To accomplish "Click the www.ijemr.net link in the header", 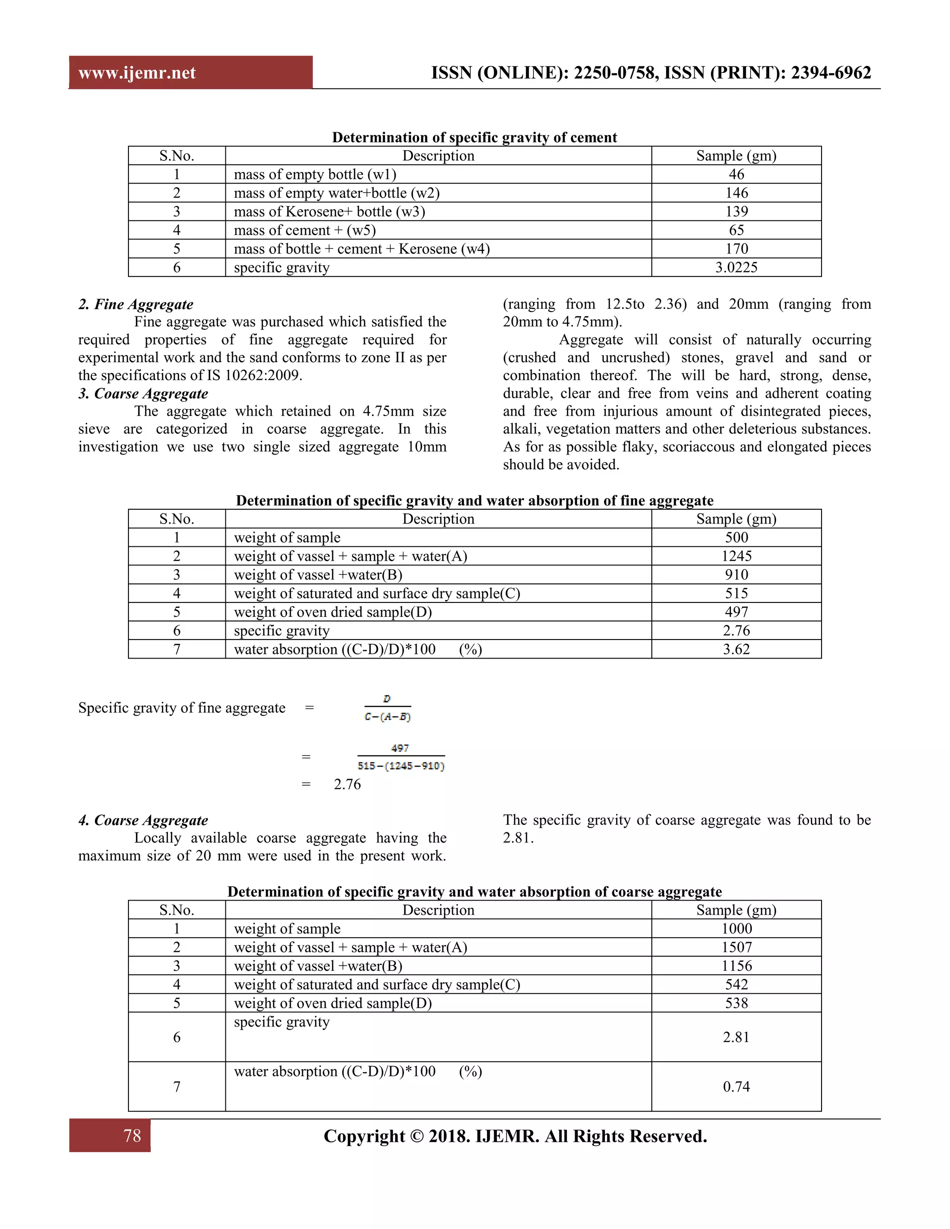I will [x=137, y=73].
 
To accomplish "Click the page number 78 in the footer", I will [x=132, y=1135].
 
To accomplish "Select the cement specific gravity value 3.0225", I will [x=736, y=267].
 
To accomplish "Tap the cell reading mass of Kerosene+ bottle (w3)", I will [x=329, y=211].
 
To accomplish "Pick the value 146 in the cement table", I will [x=736, y=193].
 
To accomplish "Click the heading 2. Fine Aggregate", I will [x=135, y=304].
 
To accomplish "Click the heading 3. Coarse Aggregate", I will [x=143, y=393].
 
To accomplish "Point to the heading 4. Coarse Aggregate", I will [x=143, y=820].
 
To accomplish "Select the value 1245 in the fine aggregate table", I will [x=736, y=556].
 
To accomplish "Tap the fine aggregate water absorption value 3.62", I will [x=736, y=649].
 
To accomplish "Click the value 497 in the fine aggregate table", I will [x=736, y=612].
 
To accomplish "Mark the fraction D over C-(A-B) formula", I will [x=388, y=708].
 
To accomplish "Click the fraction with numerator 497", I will [x=401, y=757].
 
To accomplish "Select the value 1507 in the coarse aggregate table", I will [x=736, y=947].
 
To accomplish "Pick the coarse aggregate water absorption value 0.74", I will [x=736, y=1087].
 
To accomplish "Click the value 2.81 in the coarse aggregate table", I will [x=736, y=1037].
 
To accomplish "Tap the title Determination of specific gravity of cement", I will [x=474, y=137].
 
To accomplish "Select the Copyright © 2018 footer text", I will [x=515, y=1136].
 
